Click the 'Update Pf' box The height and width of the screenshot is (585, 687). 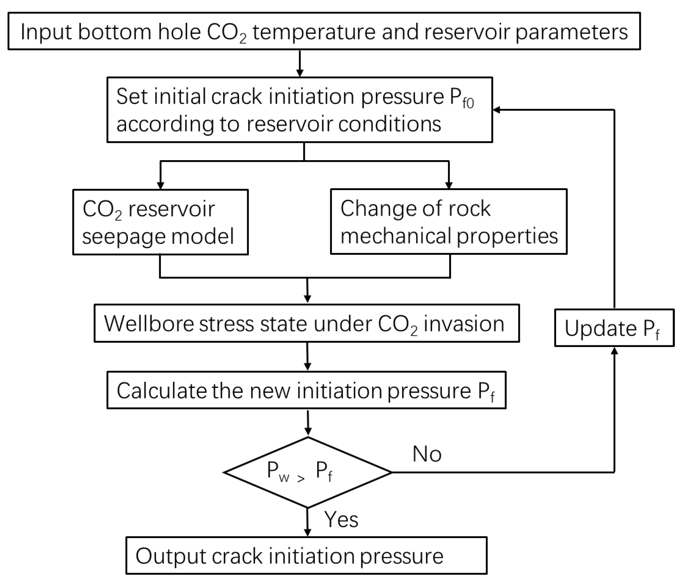(614, 328)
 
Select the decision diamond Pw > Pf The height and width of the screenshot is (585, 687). (308, 472)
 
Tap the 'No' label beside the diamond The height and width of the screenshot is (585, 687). (427, 454)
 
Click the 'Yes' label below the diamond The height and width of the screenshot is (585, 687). (341, 520)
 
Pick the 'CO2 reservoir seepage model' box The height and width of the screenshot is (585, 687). (160, 222)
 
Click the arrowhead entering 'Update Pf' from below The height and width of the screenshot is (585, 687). (614, 351)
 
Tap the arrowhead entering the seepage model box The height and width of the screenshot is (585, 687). (160, 185)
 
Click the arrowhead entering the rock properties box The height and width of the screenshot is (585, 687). (449, 185)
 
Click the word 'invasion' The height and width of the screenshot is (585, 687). (464, 324)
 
